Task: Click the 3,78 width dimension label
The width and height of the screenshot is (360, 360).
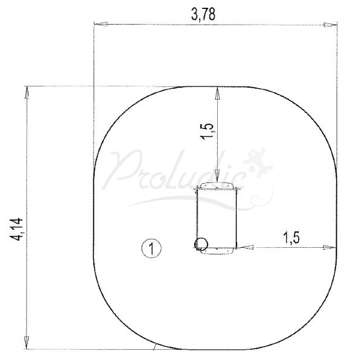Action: pos(203,15)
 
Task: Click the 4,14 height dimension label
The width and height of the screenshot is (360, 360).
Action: pos(17,229)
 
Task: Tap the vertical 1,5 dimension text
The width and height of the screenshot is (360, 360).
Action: pos(208,131)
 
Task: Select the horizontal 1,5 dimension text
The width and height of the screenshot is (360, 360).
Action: pos(292,238)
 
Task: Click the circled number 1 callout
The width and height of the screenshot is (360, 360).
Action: pos(152,248)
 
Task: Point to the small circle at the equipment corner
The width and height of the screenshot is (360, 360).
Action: pos(201,244)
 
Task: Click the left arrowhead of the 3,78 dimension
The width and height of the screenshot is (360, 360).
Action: pos(101,24)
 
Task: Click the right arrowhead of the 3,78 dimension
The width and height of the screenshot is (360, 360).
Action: pos(331,25)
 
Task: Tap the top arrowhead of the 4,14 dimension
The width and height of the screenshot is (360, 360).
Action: pos(26,93)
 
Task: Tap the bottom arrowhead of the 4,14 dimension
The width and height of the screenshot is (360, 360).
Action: pos(26,343)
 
